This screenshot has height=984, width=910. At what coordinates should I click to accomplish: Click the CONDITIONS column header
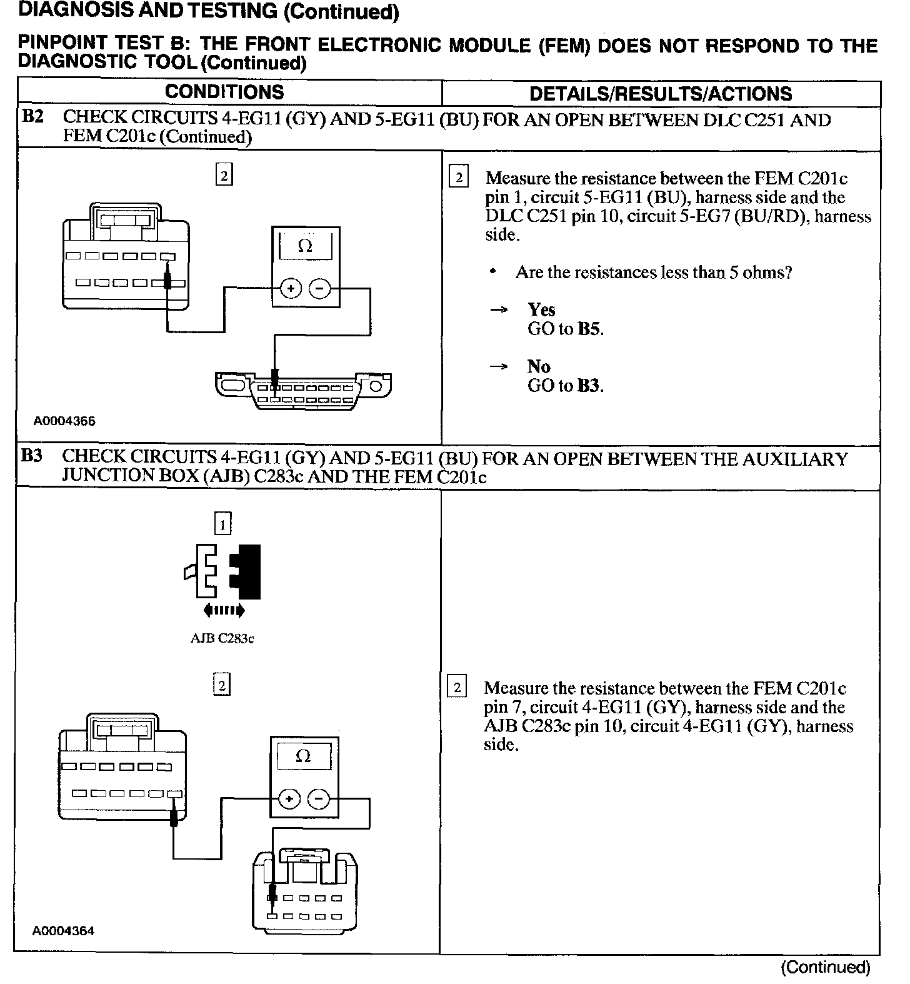(x=224, y=93)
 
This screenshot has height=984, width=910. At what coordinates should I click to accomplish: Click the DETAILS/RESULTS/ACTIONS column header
(x=661, y=94)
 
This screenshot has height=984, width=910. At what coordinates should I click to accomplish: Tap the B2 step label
(x=32, y=117)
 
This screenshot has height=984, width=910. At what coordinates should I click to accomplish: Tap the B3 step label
(x=32, y=456)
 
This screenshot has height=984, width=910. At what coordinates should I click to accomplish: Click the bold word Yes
(x=541, y=309)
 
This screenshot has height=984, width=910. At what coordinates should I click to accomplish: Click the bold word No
(x=538, y=366)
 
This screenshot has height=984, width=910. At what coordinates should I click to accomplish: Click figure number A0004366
(x=64, y=421)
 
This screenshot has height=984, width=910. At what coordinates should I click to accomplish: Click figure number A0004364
(x=63, y=931)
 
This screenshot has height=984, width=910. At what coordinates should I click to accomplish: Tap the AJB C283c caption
(x=222, y=639)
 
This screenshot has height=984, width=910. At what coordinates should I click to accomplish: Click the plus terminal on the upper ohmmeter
(x=291, y=288)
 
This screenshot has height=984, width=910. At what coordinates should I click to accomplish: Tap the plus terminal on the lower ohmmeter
(x=289, y=799)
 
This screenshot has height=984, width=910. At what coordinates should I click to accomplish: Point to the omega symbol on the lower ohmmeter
(x=302, y=756)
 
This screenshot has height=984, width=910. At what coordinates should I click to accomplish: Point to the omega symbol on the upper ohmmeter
(x=305, y=246)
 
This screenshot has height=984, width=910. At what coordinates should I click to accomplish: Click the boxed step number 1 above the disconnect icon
(x=222, y=523)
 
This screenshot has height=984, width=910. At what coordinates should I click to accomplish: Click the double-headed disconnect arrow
(x=224, y=610)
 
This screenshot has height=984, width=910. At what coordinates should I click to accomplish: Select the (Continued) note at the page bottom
(x=825, y=967)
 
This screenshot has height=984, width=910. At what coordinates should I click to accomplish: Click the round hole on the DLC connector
(x=376, y=386)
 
